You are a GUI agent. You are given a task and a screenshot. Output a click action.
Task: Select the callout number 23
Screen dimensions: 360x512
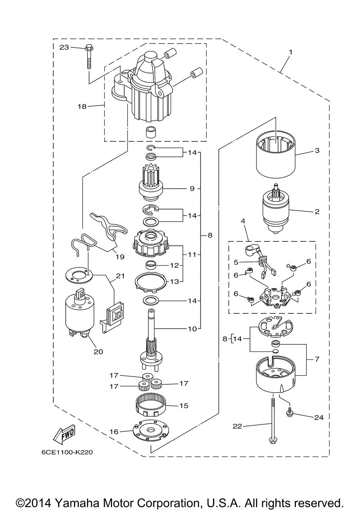point(64,47)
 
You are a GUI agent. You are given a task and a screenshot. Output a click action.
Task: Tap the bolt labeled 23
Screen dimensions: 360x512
point(89,57)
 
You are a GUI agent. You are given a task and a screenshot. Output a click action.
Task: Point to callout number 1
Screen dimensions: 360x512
point(291,52)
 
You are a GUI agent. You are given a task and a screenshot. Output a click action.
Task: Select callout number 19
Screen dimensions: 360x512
point(120,257)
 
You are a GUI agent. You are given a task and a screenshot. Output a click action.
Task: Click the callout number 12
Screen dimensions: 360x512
point(174,266)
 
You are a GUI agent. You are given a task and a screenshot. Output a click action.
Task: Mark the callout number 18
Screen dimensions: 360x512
point(82,107)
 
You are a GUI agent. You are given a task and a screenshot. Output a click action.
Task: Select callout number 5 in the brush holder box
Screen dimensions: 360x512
point(236,262)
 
